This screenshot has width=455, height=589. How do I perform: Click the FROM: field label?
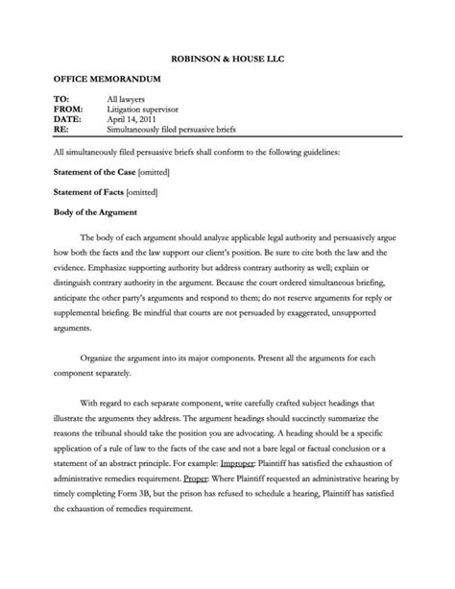click(x=67, y=110)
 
